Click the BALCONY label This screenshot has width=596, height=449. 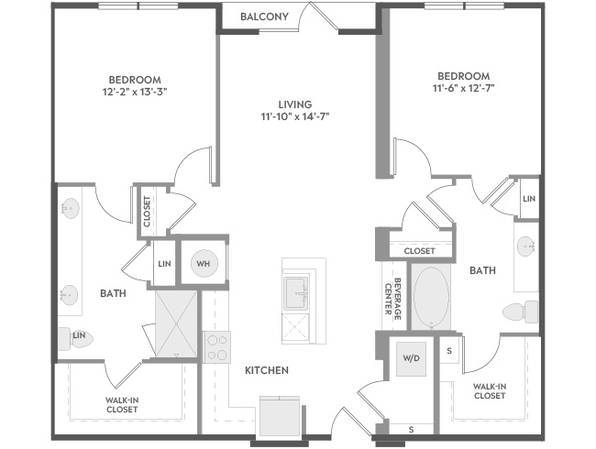pos(264,16)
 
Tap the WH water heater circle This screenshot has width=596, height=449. pos(204,263)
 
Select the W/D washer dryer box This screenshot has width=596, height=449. pos(411,359)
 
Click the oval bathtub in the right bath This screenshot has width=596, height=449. pos(431,298)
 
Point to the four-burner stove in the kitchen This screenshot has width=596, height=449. pos(216,347)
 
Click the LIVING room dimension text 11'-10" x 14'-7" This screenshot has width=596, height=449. pos(295,116)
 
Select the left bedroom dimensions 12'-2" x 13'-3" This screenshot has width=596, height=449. pos(135,92)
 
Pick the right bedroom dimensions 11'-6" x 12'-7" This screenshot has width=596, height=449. pos(463,88)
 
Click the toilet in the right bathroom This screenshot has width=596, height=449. pos(521,312)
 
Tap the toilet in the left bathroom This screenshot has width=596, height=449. pos(75,338)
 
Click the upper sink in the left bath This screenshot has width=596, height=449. pos(70,208)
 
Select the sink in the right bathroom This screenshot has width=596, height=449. pos(526,246)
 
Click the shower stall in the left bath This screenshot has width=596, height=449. pos(176,323)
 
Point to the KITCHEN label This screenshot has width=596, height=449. pos(267,370)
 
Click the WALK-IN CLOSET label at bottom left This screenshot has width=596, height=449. pos(122,405)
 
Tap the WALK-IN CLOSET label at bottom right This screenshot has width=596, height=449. pos(490,391)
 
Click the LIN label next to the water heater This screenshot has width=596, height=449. pos(164,264)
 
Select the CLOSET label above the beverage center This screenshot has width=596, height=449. pos(419,251)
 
